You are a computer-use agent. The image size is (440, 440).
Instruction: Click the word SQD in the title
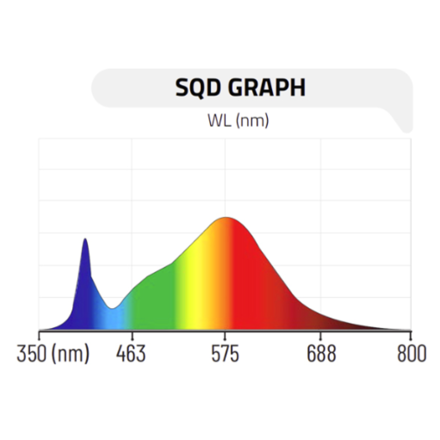click(199, 88)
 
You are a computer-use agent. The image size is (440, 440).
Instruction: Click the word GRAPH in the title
click(267, 88)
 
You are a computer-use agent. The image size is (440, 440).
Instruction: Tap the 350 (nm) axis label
click(53, 354)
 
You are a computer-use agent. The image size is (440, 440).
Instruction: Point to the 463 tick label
click(131, 354)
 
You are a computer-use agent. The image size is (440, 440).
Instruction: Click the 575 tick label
click(225, 354)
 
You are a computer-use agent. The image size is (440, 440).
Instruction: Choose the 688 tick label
click(321, 354)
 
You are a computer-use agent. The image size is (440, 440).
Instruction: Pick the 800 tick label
click(412, 354)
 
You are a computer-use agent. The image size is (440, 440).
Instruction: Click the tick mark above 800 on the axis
click(411, 334)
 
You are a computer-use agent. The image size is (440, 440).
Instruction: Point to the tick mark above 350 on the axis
click(39, 334)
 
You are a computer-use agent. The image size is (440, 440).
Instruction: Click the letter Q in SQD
click(199, 88)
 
